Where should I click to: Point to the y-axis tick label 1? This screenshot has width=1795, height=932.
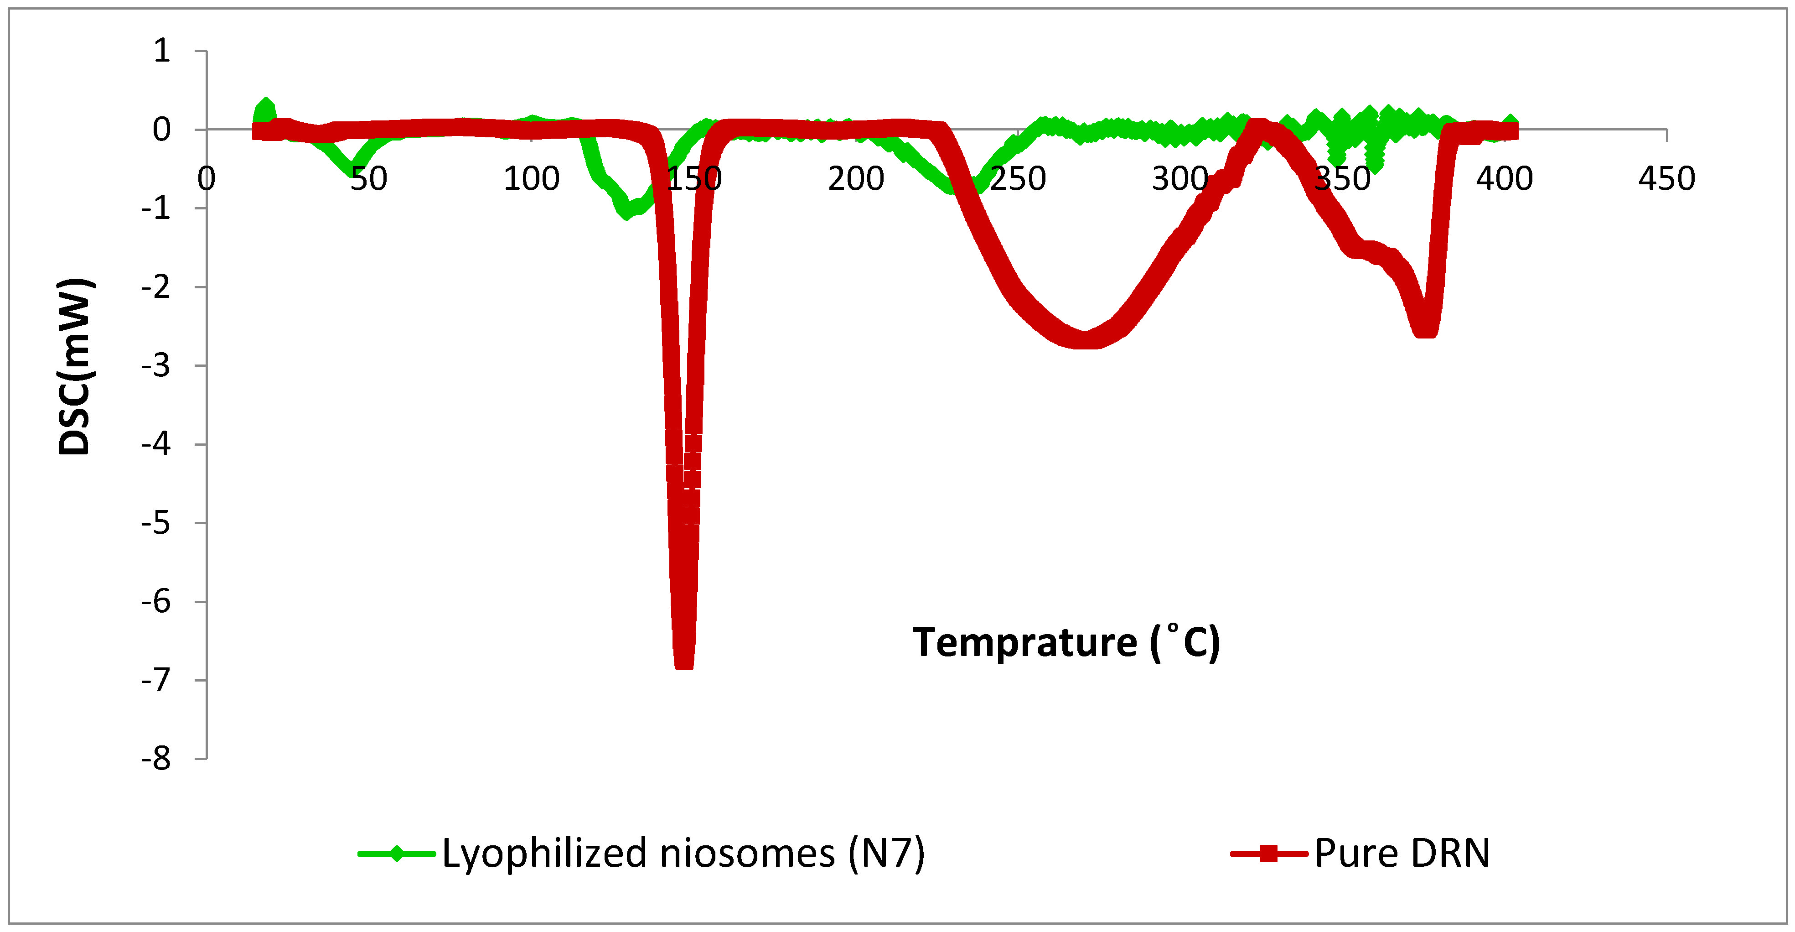tap(162, 51)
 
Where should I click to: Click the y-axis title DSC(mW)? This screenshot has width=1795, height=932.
tap(75, 367)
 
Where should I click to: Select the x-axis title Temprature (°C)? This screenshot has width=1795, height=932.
tap(1066, 642)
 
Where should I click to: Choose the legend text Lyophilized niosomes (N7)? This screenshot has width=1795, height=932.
tap(683, 853)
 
